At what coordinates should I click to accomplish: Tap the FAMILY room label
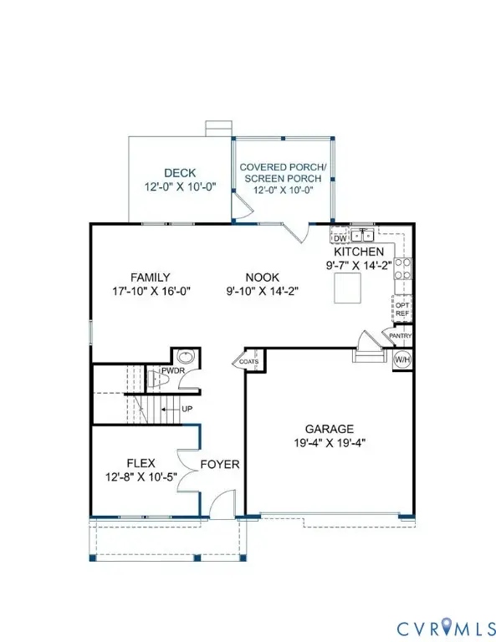click(151, 278)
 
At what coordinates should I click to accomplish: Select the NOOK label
click(262, 278)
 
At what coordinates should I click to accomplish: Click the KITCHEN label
click(359, 252)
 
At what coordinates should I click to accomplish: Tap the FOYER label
click(220, 465)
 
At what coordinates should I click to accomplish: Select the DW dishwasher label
click(340, 237)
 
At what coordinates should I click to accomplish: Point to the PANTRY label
click(398, 336)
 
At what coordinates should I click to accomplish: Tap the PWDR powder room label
click(173, 369)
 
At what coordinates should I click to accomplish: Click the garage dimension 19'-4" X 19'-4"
click(330, 444)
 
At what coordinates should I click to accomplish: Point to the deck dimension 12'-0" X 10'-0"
click(179, 187)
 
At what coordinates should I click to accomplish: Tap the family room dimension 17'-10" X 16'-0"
click(151, 293)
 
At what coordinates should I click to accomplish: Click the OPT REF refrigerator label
click(401, 308)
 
